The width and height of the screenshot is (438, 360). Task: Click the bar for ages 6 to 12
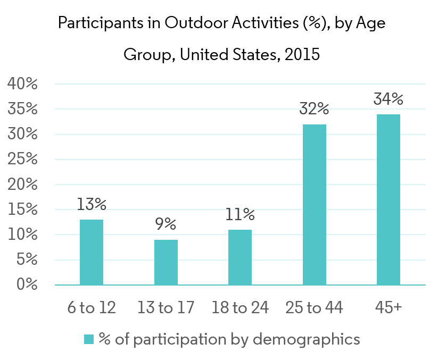(92, 252)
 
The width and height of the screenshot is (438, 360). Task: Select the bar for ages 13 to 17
(166, 262)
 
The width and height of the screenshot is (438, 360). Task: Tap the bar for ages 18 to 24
(240, 257)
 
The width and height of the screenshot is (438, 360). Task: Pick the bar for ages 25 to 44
(315, 205)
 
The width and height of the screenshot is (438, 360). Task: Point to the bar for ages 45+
(389, 199)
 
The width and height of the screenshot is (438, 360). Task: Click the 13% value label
(92, 204)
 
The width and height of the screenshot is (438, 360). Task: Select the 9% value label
(166, 224)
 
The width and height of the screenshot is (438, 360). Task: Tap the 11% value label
(240, 215)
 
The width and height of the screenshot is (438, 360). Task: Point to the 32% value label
(315, 110)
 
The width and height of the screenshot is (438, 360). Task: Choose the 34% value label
(389, 99)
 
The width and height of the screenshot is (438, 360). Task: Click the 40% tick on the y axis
(22, 84)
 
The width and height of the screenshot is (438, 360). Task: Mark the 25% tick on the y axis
(22, 160)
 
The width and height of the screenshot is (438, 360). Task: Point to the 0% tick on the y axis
(26, 285)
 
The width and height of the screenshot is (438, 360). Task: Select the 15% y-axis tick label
(22, 210)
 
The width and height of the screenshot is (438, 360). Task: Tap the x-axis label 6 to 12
(92, 307)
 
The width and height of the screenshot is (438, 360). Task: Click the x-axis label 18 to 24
(240, 307)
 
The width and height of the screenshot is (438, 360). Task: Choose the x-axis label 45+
(389, 307)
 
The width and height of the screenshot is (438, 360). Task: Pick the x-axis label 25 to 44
(315, 307)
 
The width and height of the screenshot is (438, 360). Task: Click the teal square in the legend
(89, 339)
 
